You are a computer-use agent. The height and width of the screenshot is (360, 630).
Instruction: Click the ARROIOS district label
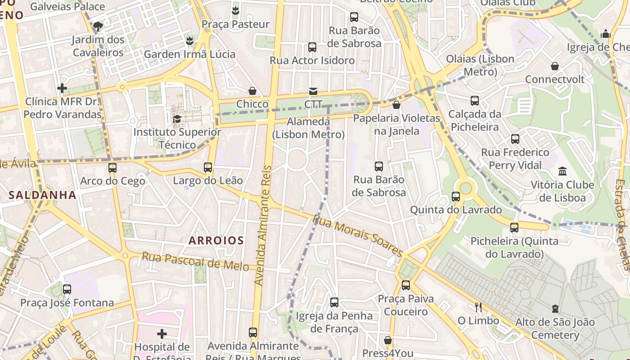tap(216, 240)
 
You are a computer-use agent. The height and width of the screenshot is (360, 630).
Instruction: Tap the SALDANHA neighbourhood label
tap(42, 195)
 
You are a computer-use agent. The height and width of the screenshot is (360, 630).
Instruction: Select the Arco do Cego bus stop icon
tap(112, 168)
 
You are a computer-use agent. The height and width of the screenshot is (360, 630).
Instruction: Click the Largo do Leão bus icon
tap(207, 167)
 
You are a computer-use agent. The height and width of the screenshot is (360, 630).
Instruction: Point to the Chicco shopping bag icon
tap(252, 91)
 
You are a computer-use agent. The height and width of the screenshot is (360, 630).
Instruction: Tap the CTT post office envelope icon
tap(313, 91)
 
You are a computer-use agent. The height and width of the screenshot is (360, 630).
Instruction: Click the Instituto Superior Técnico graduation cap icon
tap(177, 119)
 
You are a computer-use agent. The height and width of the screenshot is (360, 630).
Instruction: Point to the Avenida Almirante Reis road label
tap(264, 225)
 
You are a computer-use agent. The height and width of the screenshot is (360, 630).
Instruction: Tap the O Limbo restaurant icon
tap(478, 307)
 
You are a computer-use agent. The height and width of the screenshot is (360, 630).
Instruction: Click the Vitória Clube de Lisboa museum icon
tap(562, 171)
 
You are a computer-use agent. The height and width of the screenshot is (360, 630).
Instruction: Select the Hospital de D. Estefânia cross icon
tap(162, 334)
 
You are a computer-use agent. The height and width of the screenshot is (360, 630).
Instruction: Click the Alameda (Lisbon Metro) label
tap(308, 128)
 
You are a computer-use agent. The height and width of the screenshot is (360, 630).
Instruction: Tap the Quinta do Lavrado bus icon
tap(455, 197)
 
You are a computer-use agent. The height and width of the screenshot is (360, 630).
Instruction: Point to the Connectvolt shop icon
tap(555, 66)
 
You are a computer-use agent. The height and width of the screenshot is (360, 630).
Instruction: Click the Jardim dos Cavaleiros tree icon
tap(98, 27)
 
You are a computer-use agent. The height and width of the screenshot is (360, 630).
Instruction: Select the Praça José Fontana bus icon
tap(67, 289)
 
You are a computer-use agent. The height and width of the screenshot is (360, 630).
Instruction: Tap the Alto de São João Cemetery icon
tap(555, 309)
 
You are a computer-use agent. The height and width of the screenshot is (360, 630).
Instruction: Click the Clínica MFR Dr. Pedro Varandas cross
tap(62, 88)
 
